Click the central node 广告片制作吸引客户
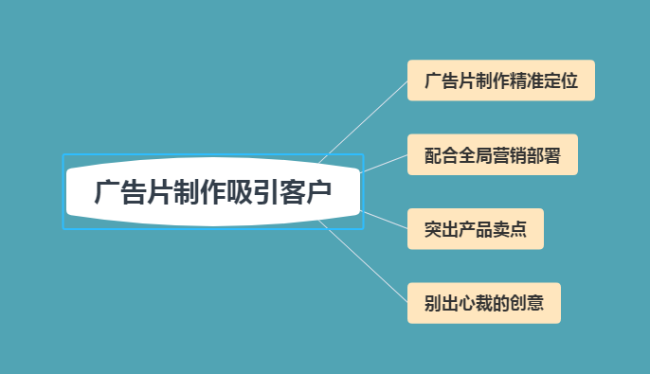click(213, 192)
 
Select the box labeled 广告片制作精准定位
click(500, 80)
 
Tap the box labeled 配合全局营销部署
click(492, 155)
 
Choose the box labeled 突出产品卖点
click(475, 229)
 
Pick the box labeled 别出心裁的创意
click(483, 303)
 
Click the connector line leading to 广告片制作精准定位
click(365, 120)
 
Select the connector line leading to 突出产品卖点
click(384, 220)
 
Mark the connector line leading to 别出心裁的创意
click(365, 262)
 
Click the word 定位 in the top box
click(562, 80)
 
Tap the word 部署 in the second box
click(545, 155)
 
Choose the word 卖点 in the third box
click(511, 229)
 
